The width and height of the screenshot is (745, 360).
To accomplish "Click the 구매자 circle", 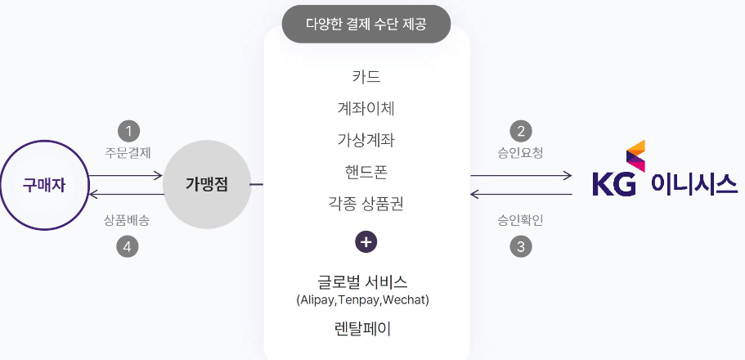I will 44,185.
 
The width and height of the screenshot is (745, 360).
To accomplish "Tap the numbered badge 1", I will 128,130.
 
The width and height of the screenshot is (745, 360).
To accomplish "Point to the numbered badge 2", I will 520,130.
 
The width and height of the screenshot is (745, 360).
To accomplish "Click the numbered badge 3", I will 520,245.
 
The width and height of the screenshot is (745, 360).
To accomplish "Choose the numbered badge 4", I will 128,245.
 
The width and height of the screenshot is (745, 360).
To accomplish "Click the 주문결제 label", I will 128,152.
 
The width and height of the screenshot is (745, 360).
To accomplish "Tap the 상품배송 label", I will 128,221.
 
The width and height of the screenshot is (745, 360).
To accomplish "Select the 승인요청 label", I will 520,152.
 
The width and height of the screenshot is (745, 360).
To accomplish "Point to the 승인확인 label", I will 520,221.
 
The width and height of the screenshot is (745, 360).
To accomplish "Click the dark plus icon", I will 366,242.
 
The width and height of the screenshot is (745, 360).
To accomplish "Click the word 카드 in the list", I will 366,78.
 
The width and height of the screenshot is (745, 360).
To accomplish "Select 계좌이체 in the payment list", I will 366,109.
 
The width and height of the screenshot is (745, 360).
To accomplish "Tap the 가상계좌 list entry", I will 366,140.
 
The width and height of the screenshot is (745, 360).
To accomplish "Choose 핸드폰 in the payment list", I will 366,172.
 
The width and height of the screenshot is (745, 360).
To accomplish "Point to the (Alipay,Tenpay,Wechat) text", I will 363,300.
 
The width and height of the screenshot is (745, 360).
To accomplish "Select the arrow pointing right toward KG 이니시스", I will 521,175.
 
